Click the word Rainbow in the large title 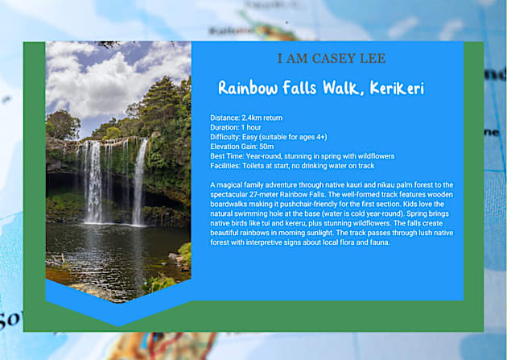click(x=249, y=88)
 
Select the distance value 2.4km click(x=254, y=118)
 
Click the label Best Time click(x=227, y=156)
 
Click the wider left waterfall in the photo click(x=94, y=181)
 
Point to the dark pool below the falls click(x=113, y=250)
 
